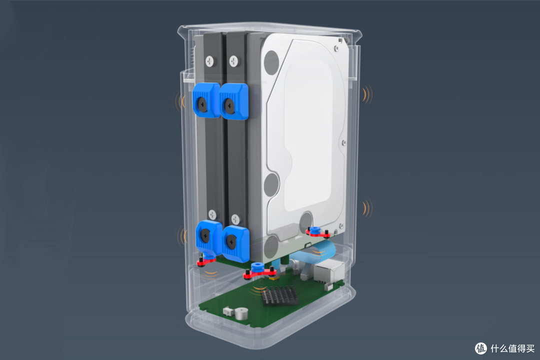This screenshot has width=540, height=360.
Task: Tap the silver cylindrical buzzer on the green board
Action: click(240, 313)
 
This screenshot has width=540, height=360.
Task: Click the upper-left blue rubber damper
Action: click(206, 100)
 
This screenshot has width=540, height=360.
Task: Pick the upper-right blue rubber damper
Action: click(234, 101)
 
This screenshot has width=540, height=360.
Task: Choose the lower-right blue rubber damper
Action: click(235, 244)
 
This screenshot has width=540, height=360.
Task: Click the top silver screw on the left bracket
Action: click(209, 61)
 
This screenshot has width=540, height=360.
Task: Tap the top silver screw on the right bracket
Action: click(234, 61)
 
